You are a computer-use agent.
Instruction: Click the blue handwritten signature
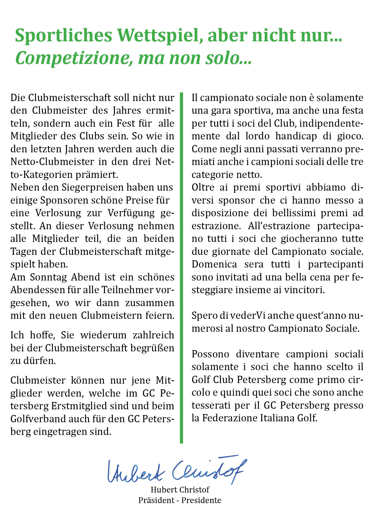(176, 471)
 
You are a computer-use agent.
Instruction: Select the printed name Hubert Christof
(180, 490)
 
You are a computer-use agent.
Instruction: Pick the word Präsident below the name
(156, 500)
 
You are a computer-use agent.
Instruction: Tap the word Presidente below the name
(201, 500)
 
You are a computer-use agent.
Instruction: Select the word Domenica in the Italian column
(214, 264)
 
